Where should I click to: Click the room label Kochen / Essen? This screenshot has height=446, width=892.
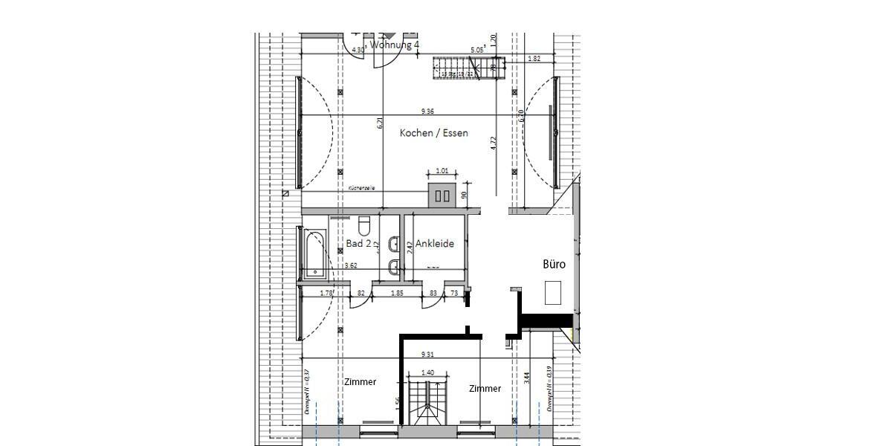[x=434, y=133]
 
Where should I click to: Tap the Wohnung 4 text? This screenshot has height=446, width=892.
[x=395, y=45]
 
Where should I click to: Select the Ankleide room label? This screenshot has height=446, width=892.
[x=435, y=243]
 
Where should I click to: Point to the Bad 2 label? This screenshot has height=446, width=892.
[x=358, y=243]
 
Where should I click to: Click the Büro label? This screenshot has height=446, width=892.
[x=555, y=264]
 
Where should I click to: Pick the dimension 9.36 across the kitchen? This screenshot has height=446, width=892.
[x=427, y=111]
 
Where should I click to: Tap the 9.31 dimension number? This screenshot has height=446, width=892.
[x=427, y=355]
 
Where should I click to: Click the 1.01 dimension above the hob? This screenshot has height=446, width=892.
[x=442, y=171]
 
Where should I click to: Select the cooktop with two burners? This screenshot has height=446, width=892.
[x=442, y=196]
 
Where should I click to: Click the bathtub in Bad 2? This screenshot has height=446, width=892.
[x=314, y=253]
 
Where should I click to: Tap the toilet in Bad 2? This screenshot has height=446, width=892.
[x=364, y=224]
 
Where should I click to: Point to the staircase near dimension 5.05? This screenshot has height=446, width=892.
[x=468, y=68]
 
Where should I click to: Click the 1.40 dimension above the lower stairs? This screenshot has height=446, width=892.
[x=427, y=372]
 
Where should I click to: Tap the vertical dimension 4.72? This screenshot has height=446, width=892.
[x=493, y=143]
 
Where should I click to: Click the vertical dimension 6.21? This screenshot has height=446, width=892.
[x=379, y=125]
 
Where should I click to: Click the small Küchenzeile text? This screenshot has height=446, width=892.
[x=361, y=189]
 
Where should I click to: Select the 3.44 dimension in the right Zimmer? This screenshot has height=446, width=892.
[x=527, y=378]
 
